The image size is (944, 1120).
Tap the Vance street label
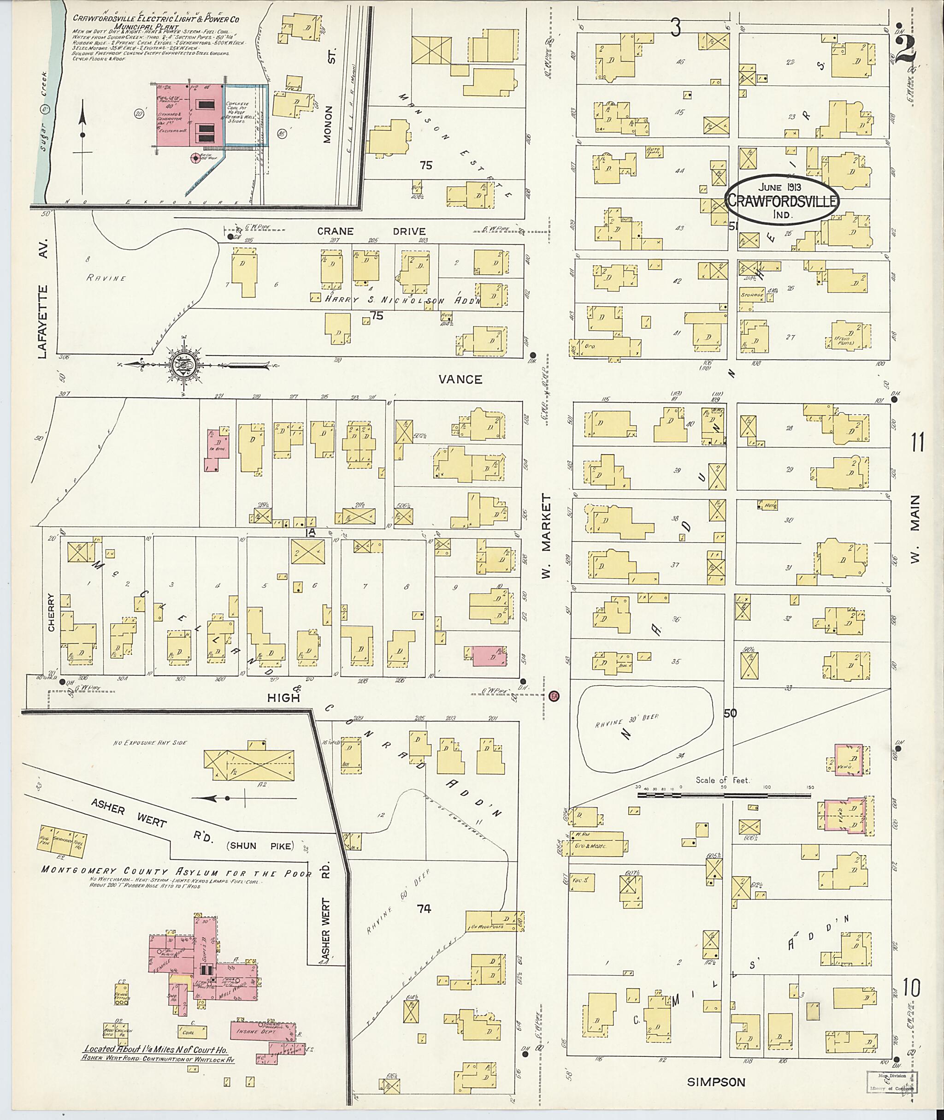click(x=460, y=379)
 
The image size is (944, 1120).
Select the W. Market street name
click(x=545, y=536)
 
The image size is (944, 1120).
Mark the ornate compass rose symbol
click(x=183, y=366)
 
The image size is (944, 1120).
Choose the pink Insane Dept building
click(x=263, y=1031)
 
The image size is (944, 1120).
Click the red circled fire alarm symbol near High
click(x=554, y=696)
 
